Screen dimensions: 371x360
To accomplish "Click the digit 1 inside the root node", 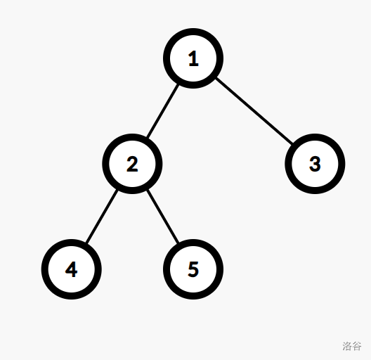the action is coord(193,58).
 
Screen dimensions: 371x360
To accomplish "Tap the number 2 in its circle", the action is coord(132,164).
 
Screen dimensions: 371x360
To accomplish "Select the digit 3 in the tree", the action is coord(315,164).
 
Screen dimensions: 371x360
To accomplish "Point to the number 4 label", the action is coord(71,269).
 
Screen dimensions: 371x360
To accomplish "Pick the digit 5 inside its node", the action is coord(193,269).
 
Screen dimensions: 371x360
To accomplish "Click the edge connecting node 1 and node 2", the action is coord(163,111).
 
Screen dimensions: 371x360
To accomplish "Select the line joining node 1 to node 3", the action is coord(254,111).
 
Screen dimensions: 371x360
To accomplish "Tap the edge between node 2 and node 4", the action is coord(102,217).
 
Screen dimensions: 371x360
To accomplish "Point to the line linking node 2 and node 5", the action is coord(163,217).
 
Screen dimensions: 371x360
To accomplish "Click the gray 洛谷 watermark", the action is coord(352,346).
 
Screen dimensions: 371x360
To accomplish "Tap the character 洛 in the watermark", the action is coord(347,346).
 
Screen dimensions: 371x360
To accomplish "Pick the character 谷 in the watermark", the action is coord(357,346).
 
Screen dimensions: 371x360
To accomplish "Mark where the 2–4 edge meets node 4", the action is coord(86,243).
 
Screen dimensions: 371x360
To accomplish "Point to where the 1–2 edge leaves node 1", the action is coord(178,84).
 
